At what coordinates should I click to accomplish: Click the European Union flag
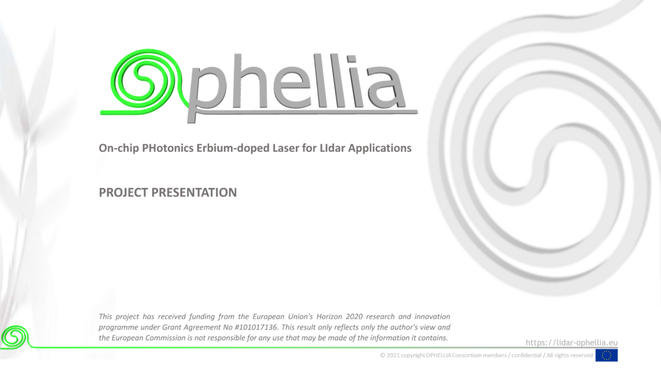[x=606, y=355]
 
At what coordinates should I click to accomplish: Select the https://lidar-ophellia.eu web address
[x=572, y=342]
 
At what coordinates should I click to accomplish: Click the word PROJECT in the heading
[x=123, y=192]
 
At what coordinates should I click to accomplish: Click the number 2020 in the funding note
[x=354, y=316]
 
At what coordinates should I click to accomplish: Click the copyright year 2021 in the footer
[x=392, y=355]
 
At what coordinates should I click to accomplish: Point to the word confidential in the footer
[x=526, y=355]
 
